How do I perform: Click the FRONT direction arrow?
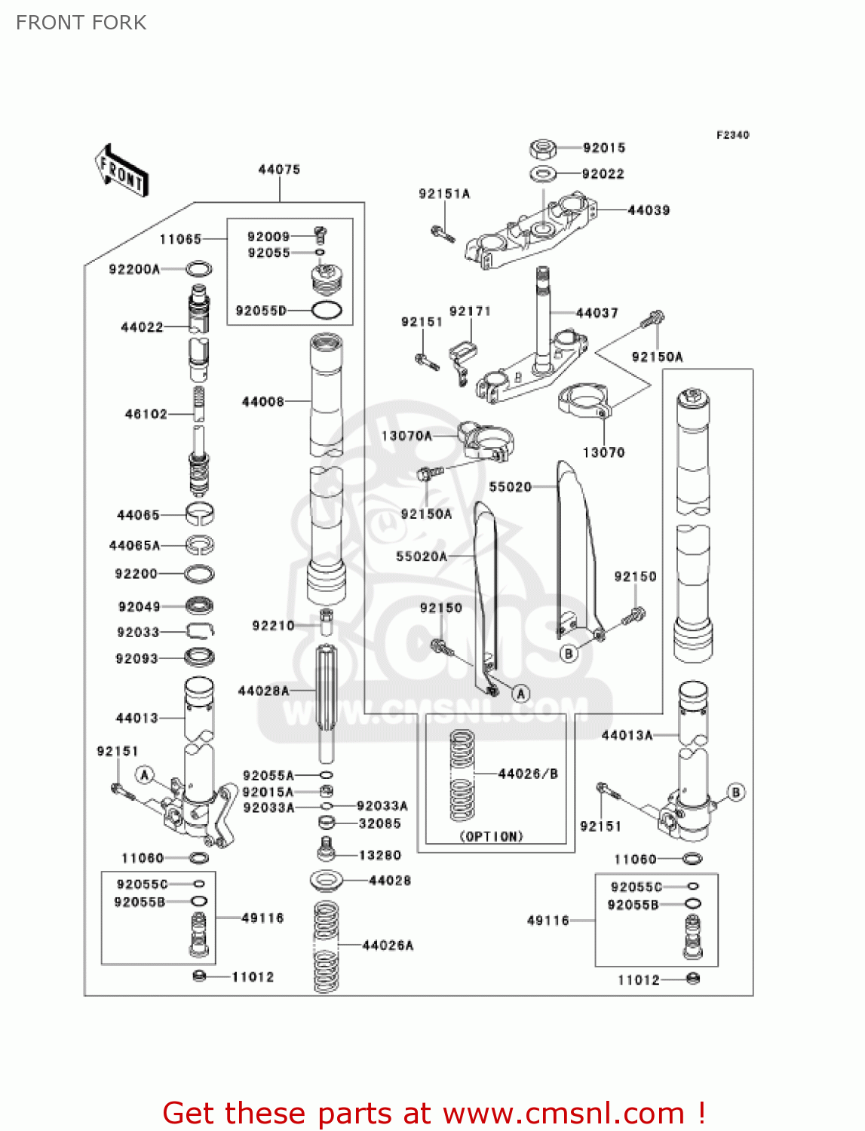pos(121,171)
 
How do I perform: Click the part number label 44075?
pos(279,170)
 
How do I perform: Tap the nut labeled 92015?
pos(543,148)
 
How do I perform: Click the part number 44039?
pos(649,210)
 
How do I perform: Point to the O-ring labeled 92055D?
pos(326,310)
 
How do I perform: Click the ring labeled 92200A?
pos(198,269)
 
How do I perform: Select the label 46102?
pos(146,414)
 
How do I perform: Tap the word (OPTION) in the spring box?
pos(491,836)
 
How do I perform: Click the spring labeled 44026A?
pos(326,946)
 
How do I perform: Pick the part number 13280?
pos(380,855)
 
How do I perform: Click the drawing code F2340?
pos(732,135)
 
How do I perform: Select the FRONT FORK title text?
pos(81,23)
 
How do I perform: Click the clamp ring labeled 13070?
pos(584,399)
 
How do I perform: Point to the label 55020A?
pos(422,556)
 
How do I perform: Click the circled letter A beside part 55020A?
pos(521,694)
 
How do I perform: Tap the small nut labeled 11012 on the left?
pos(199,976)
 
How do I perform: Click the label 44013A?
pos(627,735)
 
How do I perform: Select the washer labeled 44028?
pos(327,880)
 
